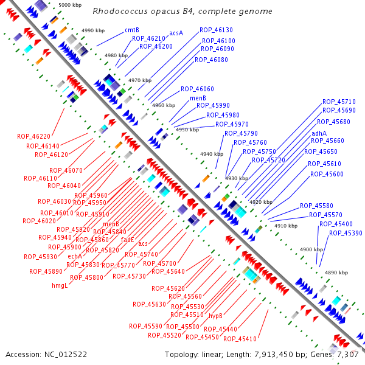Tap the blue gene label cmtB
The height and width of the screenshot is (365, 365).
point(132,30)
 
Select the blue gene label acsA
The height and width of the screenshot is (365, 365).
point(176,33)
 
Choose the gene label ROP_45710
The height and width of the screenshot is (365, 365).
point(339,102)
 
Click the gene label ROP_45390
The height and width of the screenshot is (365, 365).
point(346,233)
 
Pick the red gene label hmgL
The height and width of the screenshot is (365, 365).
point(59,285)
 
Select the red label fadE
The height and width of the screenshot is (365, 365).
point(127,240)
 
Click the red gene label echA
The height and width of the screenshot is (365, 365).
point(75,256)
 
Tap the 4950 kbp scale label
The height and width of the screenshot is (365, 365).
point(187,130)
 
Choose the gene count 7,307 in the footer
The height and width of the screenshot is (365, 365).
point(349,354)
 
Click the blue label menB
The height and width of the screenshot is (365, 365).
point(198,97)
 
